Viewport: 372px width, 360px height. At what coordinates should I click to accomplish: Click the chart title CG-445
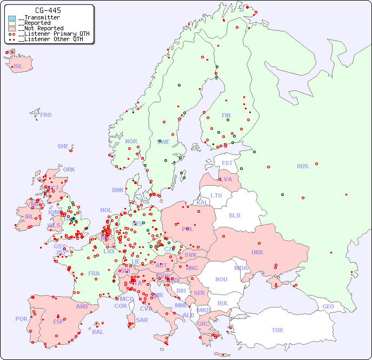click(48, 10)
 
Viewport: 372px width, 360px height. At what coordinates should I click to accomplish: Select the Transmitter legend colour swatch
click(12, 18)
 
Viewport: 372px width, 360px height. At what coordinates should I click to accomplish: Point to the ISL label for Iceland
click(18, 67)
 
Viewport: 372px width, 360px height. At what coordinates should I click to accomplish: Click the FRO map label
click(46, 115)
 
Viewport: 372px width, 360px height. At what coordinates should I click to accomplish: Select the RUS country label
click(302, 166)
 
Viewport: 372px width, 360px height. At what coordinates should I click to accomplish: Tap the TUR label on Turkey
click(277, 330)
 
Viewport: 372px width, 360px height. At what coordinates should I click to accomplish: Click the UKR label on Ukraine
click(257, 252)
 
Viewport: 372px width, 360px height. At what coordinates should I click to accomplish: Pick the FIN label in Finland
click(226, 115)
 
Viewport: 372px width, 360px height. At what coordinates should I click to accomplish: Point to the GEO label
click(328, 306)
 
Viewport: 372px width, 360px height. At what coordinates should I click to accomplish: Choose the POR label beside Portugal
click(21, 319)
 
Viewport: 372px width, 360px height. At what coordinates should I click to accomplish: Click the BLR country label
click(234, 215)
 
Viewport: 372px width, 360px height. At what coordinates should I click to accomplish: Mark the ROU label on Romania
click(221, 279)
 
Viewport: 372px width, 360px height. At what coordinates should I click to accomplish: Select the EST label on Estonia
click(227, 163)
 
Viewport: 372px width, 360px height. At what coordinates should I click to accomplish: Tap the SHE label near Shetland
click(63, 146)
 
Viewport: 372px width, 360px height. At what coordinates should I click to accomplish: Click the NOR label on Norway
click(131, 141)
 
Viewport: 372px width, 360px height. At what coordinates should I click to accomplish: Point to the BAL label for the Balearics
click(98, 332)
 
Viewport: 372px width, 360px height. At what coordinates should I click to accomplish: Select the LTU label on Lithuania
click(216, 195)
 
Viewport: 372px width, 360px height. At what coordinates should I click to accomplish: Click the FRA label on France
click(94, 273)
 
